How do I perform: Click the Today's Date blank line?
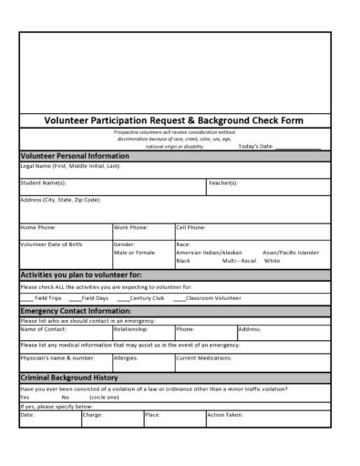click(x=297, y=147)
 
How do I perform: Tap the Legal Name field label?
click(x=70, y=166)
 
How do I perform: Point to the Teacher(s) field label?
click(x=222, y=182)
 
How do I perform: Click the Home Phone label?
click(x=38, y=226)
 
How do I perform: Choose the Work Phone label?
click(x=131, y=226)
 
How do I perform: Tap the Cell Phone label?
click(x=190, y=226)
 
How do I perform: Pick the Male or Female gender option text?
click(x=134, y=252)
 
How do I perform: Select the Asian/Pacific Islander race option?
click(x=291, y=252)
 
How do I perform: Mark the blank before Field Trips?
click(x=27, y=298)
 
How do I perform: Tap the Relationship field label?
click(x=130, y=329)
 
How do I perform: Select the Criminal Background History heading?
click(x=69, y=377)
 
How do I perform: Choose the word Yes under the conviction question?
click(x=25, y=398)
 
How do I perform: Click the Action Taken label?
click(x=224, y=414)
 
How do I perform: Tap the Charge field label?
click(x=93, y=414)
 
